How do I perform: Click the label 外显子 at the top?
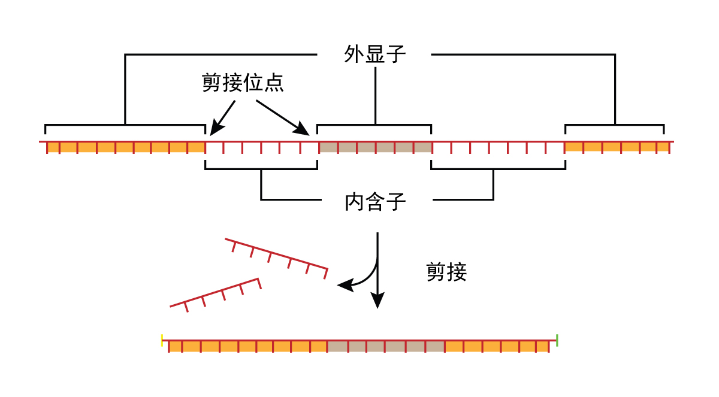[x=375, y=54]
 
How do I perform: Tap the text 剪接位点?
[x=243, y=83]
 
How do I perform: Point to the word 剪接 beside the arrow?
[x=446, y=272]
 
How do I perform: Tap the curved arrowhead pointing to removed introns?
[x=345, y=286]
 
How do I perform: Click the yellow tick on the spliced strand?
[x=162, y=340]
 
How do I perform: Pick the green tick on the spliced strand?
[x=557, y=340]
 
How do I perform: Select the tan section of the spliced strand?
[x=385, y=346]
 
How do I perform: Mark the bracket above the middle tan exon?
[x=374, y=125]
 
